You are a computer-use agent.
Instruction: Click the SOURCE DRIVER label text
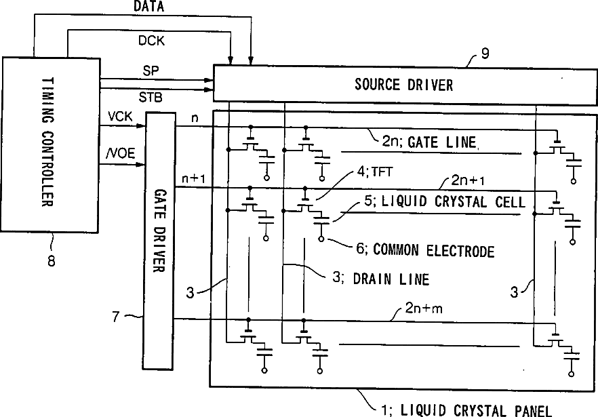[x=403, y=85]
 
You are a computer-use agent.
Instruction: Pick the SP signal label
[x=151, y=71]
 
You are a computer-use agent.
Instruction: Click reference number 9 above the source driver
[x=485, y=54]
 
